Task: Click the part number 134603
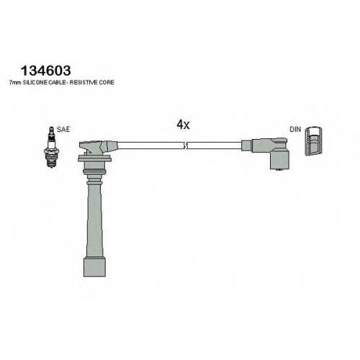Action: pyautogui.click(x=45, y=71)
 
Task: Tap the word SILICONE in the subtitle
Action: pyautogui.click(x=33, y=83)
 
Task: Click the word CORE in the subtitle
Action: pyautogui.click(x=109, y=83)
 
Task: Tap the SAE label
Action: pyautogui.click(x=63, y=130)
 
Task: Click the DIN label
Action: pyautogui.click(x=295, y=130)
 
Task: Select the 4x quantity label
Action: pyautogui.click(x=183, y=125)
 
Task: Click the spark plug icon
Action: pyautogui.click(x=51, y=147)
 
